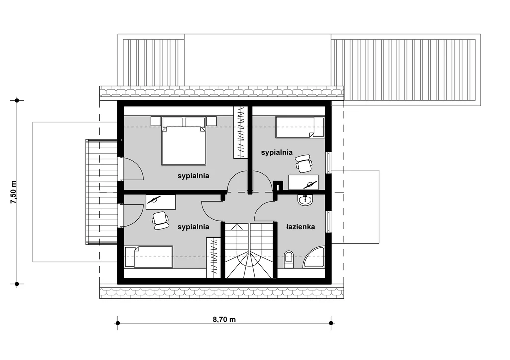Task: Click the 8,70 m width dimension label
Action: pos(224,319)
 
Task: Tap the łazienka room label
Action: pos(300,227)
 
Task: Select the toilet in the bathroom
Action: pos(288,259)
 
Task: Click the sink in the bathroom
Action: pos(305,200)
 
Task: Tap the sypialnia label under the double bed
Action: pos(193,176)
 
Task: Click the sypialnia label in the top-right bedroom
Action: pos(277,152)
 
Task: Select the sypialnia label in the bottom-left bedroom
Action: pos(193,227)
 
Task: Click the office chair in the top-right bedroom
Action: pos(304,164)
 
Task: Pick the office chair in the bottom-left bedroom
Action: pos(161,220)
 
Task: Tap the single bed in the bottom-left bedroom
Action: pos(148,257)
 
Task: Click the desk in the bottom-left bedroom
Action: pos(161,202)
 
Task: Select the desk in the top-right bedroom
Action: pos(303,182)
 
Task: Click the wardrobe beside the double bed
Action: pos(240,132)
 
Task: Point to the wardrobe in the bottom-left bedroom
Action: pos(213,258)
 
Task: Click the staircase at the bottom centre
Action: pos(250,250)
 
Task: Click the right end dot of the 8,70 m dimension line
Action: pos(331,323)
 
